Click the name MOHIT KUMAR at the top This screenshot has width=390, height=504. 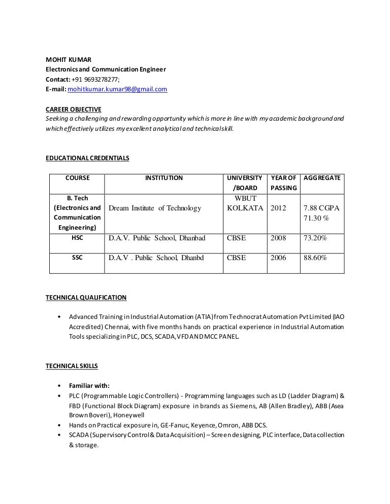(x=69, y=60)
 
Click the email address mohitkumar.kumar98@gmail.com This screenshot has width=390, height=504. (x=117, y=89)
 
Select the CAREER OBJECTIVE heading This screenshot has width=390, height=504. (x=74, y=109)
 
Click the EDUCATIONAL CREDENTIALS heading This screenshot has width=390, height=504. (x=87, y=158)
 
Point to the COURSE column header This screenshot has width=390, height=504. (x=77, y=178)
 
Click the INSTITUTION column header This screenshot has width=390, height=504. (x=164, y=178)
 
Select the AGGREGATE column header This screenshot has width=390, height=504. (x=322, y=178)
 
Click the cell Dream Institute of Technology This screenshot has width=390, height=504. (x=155, y=208)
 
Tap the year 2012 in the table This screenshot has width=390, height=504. (x=278, y=208)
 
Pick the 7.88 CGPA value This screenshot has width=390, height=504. (x=321, y=208)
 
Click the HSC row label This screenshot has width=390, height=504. (x=77, y=238)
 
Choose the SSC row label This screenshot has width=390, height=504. (x=77, y=258)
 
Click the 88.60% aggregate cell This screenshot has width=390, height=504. (x=315, y=258)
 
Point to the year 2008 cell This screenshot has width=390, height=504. (x=278, y=238)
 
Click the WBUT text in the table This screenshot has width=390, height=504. (x=245, y=198)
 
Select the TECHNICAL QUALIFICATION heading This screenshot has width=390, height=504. (x=86, y=298)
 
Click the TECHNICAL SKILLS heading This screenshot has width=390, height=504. (x=72, y=366)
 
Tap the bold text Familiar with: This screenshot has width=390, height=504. (x=89, y=385)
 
